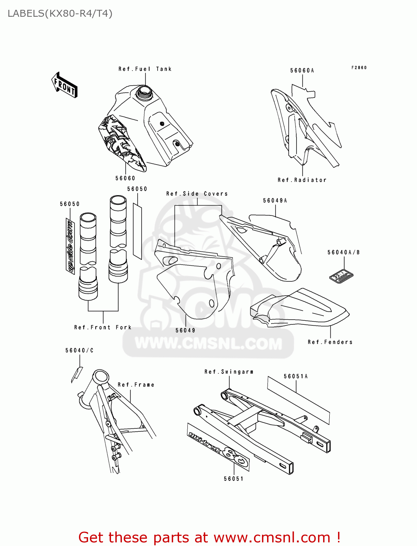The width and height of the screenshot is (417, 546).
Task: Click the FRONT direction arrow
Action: (x=64, y=85)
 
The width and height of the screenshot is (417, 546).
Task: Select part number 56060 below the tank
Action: (x=125, y=178)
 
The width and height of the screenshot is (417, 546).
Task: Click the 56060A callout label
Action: (x=302, y=71)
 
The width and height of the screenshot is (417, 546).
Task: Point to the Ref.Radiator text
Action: (x=302, y=180)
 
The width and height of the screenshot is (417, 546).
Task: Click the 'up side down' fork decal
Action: (x=70, y=246)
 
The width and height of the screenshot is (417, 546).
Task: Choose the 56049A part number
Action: (x=275, y=201)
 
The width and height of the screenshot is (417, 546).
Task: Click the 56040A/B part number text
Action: (x=343, y=252)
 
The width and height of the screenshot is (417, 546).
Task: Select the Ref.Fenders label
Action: (x=330, y=342)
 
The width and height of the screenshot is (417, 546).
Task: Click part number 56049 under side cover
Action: (x=186, y=331)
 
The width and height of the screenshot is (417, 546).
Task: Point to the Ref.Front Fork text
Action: (x=103, y=328)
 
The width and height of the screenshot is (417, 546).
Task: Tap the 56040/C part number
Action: (x=79, y=351)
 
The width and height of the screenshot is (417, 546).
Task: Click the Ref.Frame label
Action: (x=136, y=385)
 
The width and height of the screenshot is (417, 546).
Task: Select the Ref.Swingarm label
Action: (x=229, y=372)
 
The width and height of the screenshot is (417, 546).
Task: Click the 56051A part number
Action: (x=296, y=376)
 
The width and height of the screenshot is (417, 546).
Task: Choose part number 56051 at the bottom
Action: (x=234, y=479)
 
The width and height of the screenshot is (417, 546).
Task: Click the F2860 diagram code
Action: (x=359, y=68)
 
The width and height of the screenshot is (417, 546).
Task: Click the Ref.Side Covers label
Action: (x=197, y=194)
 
